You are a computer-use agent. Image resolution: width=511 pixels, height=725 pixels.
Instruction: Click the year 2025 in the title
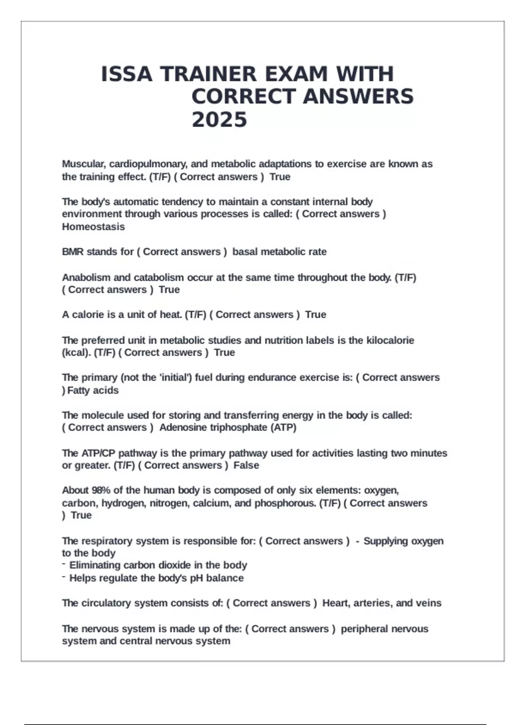click(x=219, y=119)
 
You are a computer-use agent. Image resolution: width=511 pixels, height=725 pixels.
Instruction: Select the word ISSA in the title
click(x=126, y=74)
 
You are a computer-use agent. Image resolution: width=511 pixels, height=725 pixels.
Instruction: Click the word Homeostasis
click(x=93, y=227)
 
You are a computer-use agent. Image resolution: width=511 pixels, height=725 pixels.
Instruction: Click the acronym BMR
click(x=73, y=252)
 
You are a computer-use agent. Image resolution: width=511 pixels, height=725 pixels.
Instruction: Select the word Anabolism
click(x=86, y=278)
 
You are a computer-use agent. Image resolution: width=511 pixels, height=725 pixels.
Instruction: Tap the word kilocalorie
click(x=390, y=340)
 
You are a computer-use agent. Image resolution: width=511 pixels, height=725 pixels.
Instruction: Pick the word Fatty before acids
click(x=78, y=391)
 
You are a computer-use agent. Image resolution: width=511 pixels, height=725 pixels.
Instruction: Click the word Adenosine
click(x=179, y=428)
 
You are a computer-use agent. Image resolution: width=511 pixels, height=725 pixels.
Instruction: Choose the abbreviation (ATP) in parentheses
click(x=284, y=428)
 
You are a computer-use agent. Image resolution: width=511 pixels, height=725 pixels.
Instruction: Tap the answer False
click(x=246, y=465)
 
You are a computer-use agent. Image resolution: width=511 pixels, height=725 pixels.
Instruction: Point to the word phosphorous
click(x=286, y=503)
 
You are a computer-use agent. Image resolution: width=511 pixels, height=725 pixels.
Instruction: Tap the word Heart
click(x=336, y=603)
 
